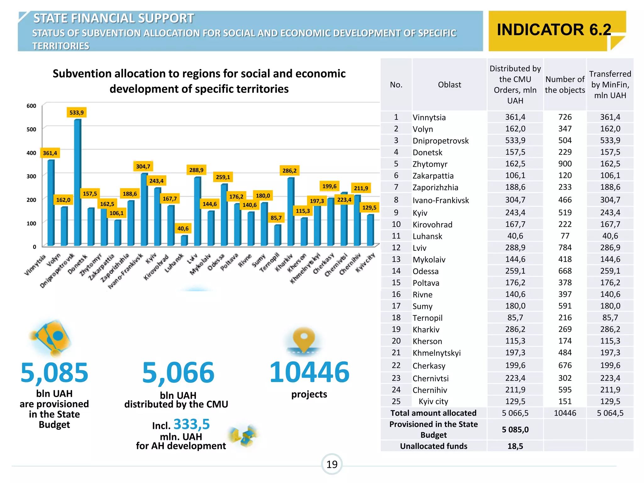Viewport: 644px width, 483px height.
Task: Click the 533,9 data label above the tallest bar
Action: click(76, 113)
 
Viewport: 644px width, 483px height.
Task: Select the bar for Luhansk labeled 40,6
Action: click(184, 241)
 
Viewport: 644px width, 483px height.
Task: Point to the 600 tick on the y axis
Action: click(31, 106)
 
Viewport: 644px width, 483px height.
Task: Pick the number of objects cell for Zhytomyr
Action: click(565, 164)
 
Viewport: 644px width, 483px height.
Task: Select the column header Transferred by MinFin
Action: click(610, 85)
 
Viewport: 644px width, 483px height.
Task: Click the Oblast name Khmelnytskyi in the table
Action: click(436, 353)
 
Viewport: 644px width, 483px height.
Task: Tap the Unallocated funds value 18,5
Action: click(515, 446)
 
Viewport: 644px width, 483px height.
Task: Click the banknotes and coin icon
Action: click(52, 338)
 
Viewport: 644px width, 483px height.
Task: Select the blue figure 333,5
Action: click(192, 424)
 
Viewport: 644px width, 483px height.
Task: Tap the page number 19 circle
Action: click(332, 464)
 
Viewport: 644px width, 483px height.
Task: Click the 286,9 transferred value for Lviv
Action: click(610, 248)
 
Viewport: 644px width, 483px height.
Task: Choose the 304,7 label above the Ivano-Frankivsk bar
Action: click(143, 166)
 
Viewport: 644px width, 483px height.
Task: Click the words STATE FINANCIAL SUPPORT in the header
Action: click(114, 18)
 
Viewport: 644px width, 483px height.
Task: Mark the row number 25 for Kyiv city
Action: click(396, 402)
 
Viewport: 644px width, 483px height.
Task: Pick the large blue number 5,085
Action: click(54, 373)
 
